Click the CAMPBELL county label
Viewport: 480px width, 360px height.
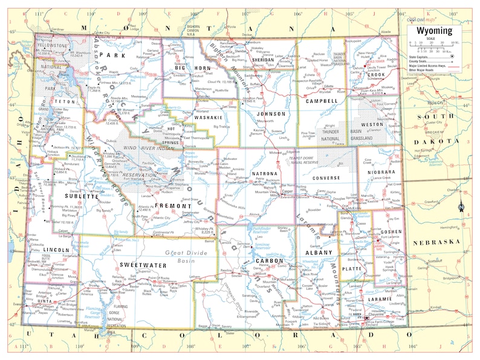(322, 101)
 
